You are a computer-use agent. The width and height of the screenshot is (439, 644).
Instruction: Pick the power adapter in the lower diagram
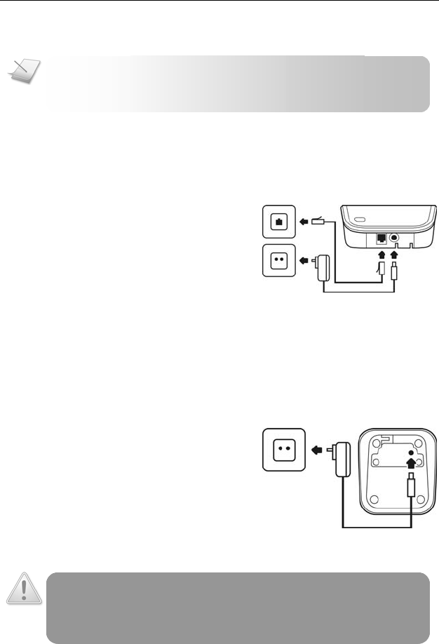click(x=343, y=460)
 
